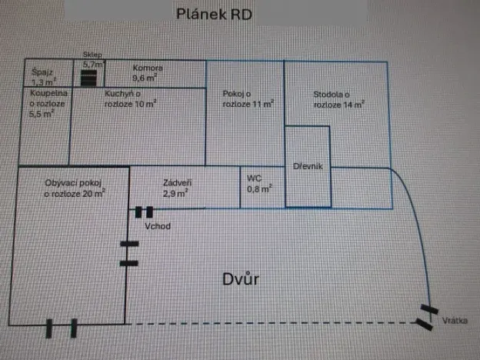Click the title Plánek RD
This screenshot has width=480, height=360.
point(214,14)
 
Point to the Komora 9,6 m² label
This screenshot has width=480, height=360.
point(145,72)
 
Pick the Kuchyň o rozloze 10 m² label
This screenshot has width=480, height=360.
point(131,98)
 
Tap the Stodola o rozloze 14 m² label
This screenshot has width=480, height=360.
point(338,98)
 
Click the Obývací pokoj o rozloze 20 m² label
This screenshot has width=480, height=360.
point(75,188)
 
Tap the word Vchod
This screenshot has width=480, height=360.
point(157,226)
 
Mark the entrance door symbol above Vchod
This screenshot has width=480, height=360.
point(144,212)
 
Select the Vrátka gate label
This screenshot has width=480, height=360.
point(455,320)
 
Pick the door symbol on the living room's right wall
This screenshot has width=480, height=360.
point(129,254)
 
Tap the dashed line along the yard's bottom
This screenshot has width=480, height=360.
point(269,324)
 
